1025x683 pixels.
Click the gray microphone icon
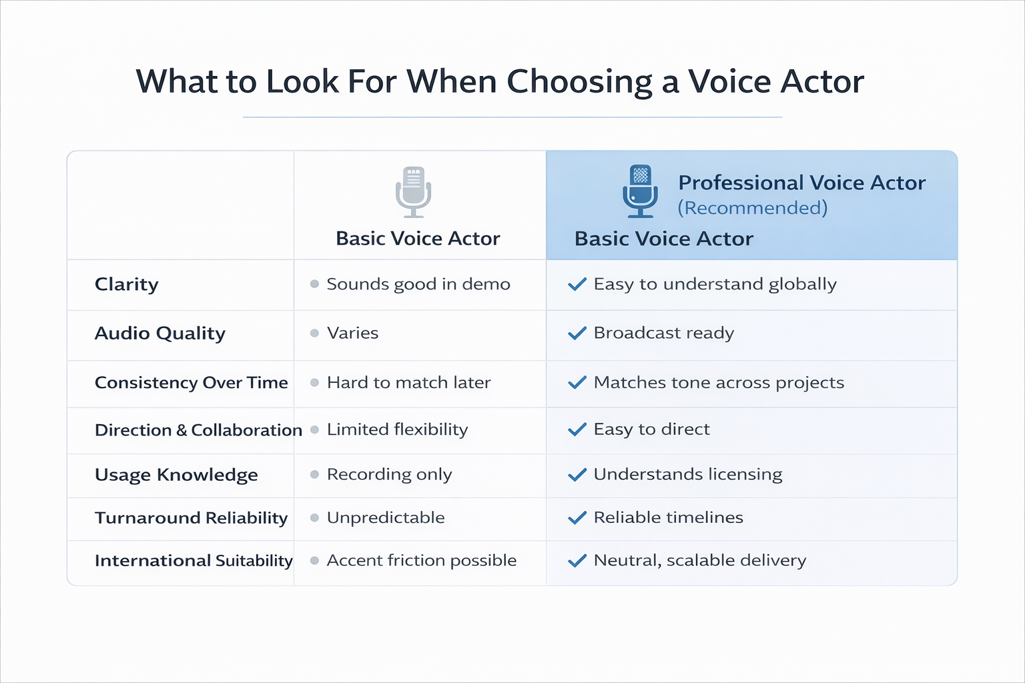pos(413,191)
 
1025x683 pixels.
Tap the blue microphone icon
pos(640,191)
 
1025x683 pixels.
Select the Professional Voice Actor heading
pos(801,183)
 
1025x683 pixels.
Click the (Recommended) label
pos(752,208)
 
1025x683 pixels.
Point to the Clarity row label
pos(127,284)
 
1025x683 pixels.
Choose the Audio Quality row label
pos(160,333)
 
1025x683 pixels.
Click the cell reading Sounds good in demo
pos(418,284)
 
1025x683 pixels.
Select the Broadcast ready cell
pos(663,333)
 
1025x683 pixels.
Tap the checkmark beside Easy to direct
pos(577,430)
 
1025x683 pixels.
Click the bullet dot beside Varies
pos(314,333)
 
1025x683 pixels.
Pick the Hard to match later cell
pos(408,382)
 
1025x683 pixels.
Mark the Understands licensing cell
pos(687,474)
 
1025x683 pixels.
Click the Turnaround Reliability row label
pos(191,518)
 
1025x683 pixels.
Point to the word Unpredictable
pos(386,518)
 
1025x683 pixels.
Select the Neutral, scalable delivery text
pos(699,560)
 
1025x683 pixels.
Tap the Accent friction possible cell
pos(421,560)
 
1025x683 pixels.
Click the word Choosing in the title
pos(579,82)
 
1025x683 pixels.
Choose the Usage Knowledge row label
pos(176,474)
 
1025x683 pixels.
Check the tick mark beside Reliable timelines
pos(577,518)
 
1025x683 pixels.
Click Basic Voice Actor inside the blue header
pos(663,239)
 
